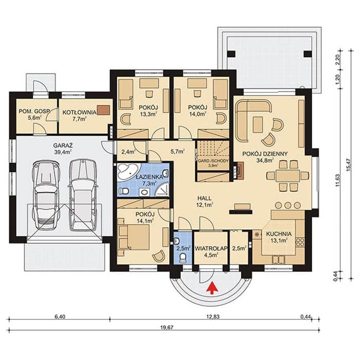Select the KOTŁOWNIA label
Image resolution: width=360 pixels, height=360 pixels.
pyautogui.click(x=79, y=113)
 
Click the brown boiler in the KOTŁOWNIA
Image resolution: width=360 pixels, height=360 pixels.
pyautogui.click(x=103, y=110)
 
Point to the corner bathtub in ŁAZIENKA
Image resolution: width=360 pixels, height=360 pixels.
pyautogui.click(x=127, y=171)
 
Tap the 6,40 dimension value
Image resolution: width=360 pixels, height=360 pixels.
pyautogui.click(x=60, y=317)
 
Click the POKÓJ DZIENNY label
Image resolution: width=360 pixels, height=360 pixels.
pyautogui.click(x=265, y=154)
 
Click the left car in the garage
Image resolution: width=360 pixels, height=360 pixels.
pyautogui.click(x=46, y=195)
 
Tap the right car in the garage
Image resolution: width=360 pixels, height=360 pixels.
pyautogui.click(x=83, y=195)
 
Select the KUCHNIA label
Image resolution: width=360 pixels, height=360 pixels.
pyautogui.click(x=279, y=234)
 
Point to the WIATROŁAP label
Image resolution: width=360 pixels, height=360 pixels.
pyautogui.click(x=211, y=248)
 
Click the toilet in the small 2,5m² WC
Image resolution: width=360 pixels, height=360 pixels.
pyautogui.click(x=183, y=258)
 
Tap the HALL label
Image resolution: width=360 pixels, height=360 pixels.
pyautogui.click(x=204, y=199)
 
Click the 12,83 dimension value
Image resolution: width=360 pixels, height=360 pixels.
pyautogui.click(x=213, y=317)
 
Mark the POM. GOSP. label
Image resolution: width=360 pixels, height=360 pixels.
pyautogui.click(x=34, y=112)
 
